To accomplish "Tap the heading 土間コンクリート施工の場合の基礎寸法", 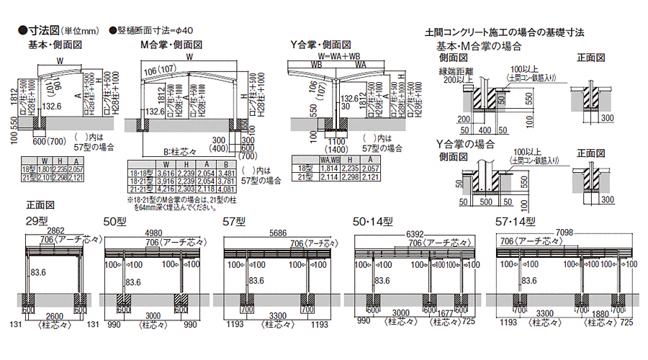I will pos(504,32).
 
